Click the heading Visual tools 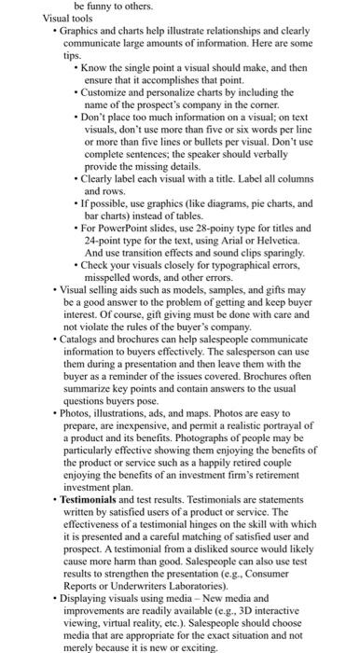click(74, 18)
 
